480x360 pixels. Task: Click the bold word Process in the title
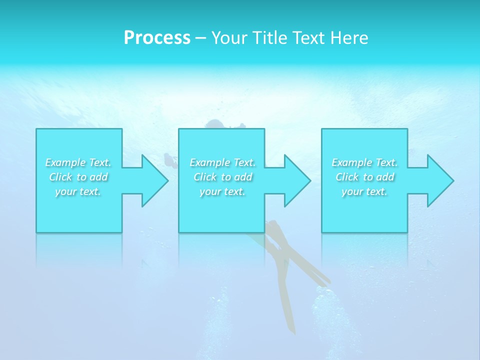click(x=157, y=38)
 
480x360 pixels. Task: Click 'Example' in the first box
click(x=65, y=162)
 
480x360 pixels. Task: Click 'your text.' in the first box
click(x=78, y=191)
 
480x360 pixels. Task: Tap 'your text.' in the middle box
click(x=222, y=191)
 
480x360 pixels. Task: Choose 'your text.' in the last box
click(x=364, y=191)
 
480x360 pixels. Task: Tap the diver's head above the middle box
click(x=215, y=123)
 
